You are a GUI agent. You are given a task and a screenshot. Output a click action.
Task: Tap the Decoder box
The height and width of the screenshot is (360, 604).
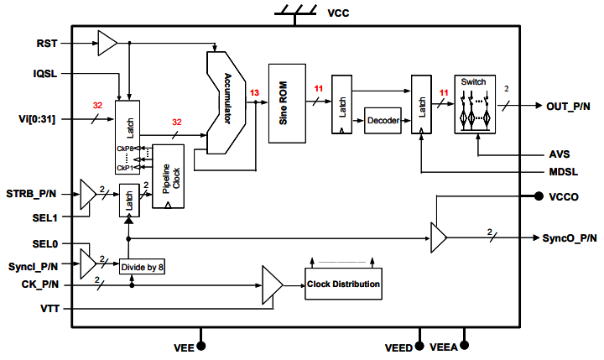(x=383, y=121)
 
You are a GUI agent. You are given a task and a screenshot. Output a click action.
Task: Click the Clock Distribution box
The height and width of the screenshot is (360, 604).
(x=343, y=284)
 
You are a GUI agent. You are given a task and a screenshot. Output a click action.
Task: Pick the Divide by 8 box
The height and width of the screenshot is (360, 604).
(x=143, y=267)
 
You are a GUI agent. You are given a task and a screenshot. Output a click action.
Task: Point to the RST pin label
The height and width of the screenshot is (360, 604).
(x=47, y=42)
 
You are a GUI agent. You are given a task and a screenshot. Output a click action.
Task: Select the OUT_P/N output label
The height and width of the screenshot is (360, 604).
(x=570, y=106)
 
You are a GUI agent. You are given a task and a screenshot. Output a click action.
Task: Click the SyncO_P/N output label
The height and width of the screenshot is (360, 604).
(x=571, y=237)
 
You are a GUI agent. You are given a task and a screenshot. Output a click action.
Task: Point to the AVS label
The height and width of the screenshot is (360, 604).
(x=557, y=154)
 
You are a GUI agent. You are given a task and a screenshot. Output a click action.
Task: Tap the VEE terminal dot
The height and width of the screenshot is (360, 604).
(x=201, y=345)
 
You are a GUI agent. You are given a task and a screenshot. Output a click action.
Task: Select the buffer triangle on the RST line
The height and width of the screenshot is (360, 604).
(x=107, y=42)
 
